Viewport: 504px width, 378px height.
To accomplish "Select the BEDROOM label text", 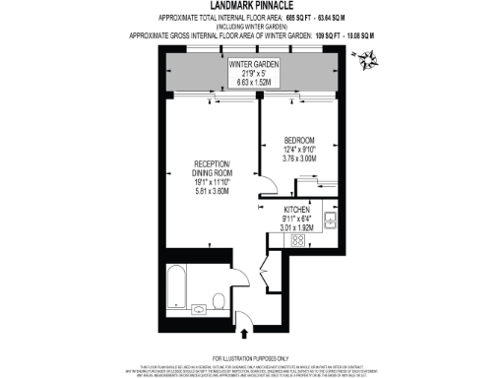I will click(x=298, y=139).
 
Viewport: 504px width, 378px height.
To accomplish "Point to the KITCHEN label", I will click(x=298, y=210).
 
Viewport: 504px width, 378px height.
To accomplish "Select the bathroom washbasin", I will click(x=199, y=309).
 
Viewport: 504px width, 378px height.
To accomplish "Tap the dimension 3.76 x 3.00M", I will click(x=298, y=157).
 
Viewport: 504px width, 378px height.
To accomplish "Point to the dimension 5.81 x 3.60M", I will click(x=212, y=193).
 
